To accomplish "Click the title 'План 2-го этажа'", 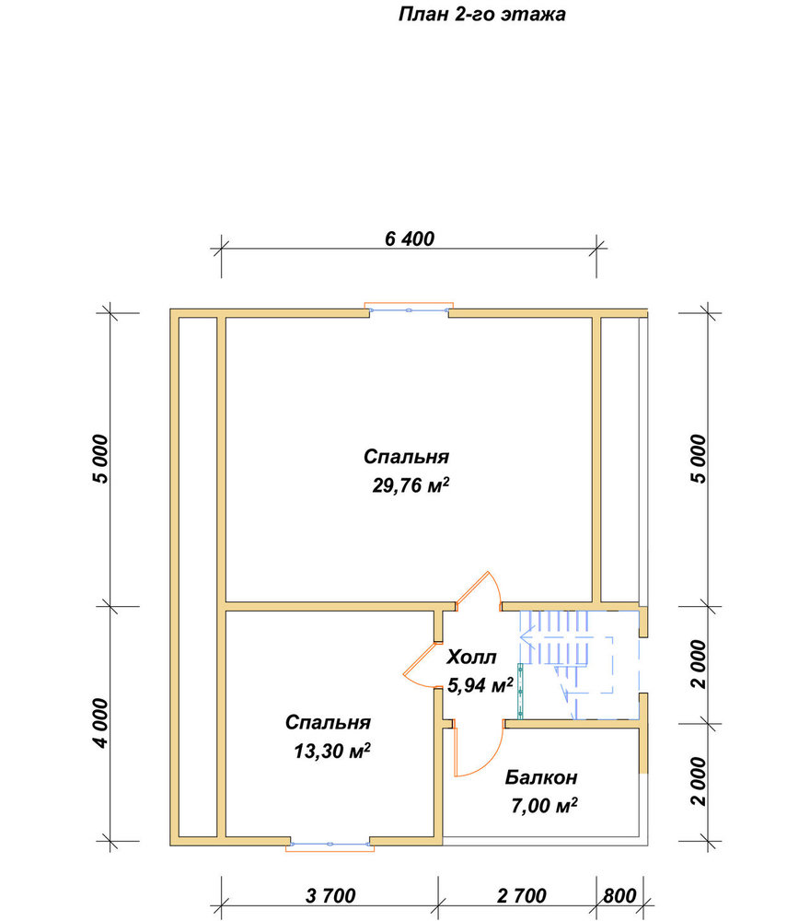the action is [x=481, y=14].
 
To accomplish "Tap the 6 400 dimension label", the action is [x=410, y=239].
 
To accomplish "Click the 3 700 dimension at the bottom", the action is [x=330, y=895].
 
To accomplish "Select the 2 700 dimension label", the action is [x=521, y=895].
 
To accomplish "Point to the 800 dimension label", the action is [x=619, y=895].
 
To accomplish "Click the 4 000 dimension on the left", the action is [x=100, y=723].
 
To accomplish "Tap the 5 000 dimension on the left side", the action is [x=100, y=459].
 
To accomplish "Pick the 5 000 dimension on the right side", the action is [x=699, y=459].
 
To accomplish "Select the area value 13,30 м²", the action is [x=332, y=751].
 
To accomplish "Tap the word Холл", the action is [x=471, y=657].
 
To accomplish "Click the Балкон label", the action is [x=541, y=777].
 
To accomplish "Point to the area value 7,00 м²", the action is [x=544, y=805].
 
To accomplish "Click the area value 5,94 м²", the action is [x=480, y=684].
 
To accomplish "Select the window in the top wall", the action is [x=409, y=309].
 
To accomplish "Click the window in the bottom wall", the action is [x=330, y=844].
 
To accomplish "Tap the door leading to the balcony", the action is [x=479, y=748].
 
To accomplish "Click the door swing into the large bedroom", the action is [x=479, y=590].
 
